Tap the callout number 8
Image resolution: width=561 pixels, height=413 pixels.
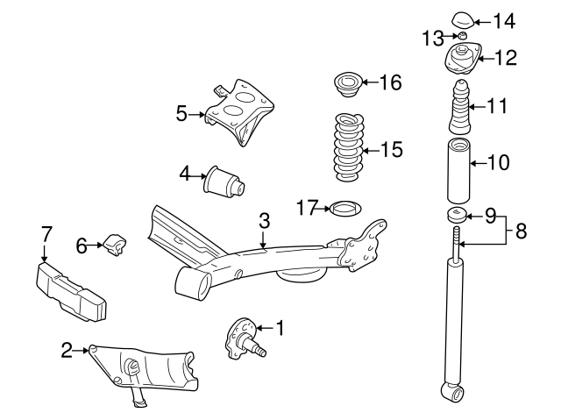click(521, 231)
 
